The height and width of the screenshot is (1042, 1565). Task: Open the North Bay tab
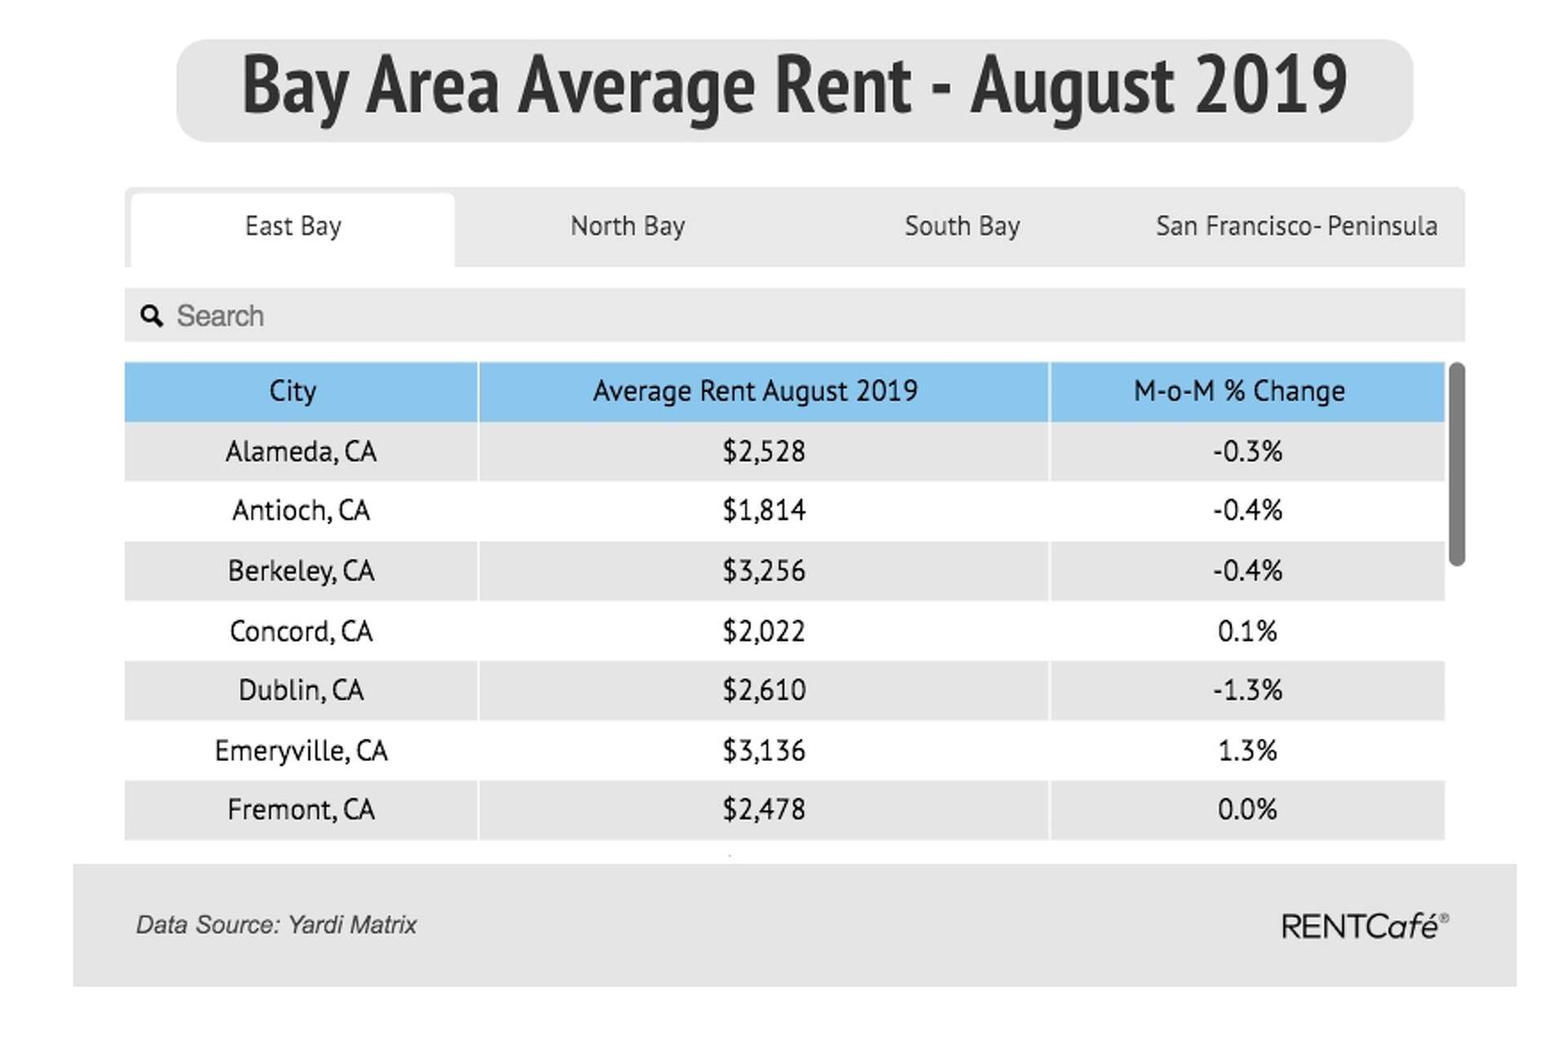click(627, 226)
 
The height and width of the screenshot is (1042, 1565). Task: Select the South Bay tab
click(962, 226)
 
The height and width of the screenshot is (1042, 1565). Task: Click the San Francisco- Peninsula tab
click(1296, 226)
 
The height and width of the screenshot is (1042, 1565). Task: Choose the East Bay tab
click(293, 226)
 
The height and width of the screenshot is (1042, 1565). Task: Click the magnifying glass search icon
click(152, 316)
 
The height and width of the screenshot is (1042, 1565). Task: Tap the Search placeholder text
click(220, 316)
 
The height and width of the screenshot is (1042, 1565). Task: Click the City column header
click(293, 391)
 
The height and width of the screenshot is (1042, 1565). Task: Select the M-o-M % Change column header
click(1239, 391)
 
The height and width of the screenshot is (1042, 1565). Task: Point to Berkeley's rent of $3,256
click(764, 571)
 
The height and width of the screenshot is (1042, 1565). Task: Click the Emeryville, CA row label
click(301, 750)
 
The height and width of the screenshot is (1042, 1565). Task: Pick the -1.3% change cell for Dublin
click(1247, 691)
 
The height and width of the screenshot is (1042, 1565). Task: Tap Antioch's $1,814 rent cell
click(764, 511)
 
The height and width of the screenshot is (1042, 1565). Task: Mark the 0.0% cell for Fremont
click(1247, 810)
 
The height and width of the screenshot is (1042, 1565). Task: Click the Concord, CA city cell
click(301, 631)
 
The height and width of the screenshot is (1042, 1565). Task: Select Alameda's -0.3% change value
click(1247, 451)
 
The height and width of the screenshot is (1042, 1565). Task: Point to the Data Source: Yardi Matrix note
click(276, 925)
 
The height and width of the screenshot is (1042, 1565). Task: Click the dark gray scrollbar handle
click(1457, 464)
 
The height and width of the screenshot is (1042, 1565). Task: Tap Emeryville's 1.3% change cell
click(1247, 750)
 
